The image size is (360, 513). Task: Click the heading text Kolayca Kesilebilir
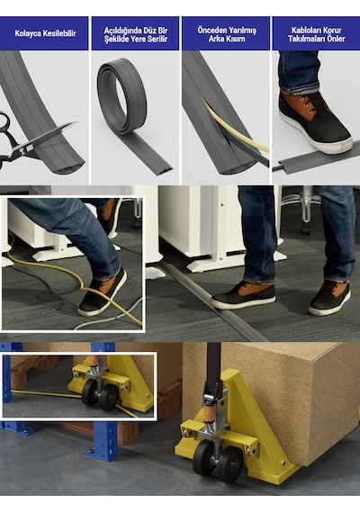(45, 33)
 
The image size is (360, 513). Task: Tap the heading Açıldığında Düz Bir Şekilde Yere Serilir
(136, 35)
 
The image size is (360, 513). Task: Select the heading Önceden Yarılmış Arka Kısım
(227, 34)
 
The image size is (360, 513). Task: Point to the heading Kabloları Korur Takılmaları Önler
(317, 34)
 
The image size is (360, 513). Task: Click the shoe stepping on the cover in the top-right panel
(314, 122)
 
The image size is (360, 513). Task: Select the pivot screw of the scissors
(22, 149)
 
